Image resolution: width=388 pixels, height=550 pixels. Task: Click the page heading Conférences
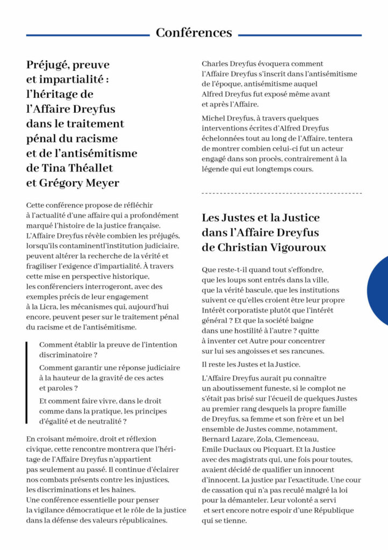pyautogui.click(x=194, y=33)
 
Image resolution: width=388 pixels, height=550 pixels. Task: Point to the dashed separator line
pyautogui.click(x=282, y=193)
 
